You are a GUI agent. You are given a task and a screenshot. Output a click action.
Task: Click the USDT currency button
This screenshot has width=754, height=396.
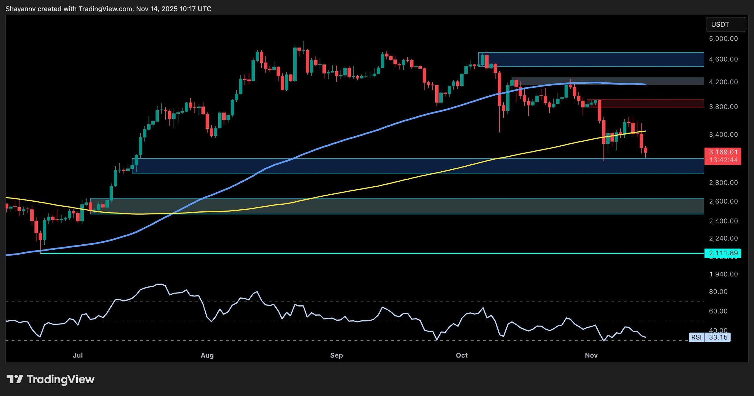(x=725, y=24)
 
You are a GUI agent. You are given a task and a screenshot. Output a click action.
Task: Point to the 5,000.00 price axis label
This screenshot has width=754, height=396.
(x=723, y=39)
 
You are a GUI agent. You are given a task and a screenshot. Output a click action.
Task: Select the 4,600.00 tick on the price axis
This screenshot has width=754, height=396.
(x=723, y=59)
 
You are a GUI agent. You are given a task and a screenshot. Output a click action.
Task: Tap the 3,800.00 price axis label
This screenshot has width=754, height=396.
(x=723, y=107)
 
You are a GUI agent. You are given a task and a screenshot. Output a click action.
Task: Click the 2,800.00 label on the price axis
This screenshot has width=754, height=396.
(x=723, y=183)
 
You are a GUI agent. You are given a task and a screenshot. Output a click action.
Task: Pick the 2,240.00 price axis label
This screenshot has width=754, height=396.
(x=723, y=238)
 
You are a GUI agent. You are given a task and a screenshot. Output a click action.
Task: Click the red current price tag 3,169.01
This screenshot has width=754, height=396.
(x=723, y=152)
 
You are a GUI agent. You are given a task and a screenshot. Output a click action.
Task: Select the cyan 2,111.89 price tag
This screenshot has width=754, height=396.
(x=723, y=253)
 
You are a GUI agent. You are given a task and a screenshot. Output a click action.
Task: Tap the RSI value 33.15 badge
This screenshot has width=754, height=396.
(x=718, y=337)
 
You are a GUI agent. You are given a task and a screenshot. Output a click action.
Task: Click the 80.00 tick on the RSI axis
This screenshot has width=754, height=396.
(x=718, y=291)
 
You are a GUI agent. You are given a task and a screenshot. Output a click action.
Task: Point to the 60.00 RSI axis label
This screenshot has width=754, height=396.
(x=718, y=311)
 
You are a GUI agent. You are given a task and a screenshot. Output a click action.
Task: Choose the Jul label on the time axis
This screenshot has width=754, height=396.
(x=78, y=355)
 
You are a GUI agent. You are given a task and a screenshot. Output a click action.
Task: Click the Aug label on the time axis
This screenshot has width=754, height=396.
(x=207, y=355)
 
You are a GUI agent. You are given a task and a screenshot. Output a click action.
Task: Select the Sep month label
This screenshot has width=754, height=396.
(x=336, y=355)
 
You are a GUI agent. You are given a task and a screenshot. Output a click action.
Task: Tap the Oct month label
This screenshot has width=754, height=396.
(x=462, y=355)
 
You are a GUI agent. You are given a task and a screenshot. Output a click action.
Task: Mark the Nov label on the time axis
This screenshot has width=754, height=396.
(x=591, y=355)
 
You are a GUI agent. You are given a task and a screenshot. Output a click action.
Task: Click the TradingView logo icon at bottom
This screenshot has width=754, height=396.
(x=15, y=379)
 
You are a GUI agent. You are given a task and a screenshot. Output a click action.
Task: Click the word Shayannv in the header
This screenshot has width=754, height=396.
(x=20, y=9)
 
